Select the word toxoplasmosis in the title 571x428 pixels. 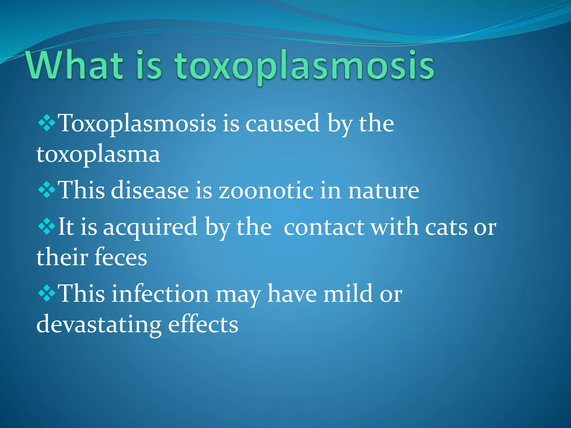coord(304,67)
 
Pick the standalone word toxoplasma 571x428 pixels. coord(98,155)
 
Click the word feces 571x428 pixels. coord(120,257)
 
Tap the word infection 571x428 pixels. coord(160,294)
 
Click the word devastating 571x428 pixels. coord(99,325)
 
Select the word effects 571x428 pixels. coord(203,324)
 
